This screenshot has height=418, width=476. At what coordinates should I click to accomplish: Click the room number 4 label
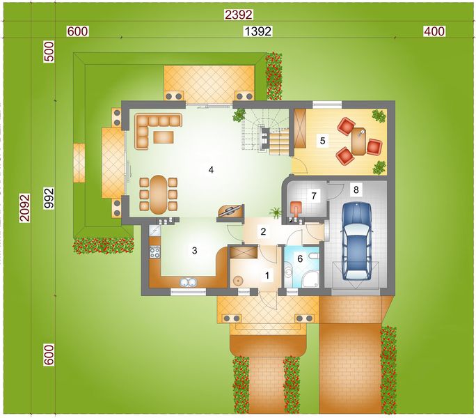coord(210,169)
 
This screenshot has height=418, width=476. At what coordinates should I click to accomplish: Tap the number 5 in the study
coord(322,140)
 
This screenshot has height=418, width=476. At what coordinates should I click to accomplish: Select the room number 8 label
coord(356,189)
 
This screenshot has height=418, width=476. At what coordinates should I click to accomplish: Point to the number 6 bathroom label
coord(301,258)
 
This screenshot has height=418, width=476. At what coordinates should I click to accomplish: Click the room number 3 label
coord(195,250)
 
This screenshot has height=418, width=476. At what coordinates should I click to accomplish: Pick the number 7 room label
coord(314,196)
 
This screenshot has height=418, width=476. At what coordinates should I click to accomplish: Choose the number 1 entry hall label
coord(267,275)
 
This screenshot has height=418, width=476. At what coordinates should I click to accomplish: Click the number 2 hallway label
coord(263,232)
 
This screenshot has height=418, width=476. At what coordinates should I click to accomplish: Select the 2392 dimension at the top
coord(238,14)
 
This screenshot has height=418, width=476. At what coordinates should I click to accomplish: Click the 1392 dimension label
coord(257,31)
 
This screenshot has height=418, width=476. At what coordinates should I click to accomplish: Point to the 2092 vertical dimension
coord(25,208)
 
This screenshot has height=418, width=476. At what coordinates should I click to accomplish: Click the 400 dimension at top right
coord(434,31)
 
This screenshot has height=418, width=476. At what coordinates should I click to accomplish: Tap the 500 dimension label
coord(48,54)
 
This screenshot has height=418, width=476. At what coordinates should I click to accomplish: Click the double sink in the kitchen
coord(187,282)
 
